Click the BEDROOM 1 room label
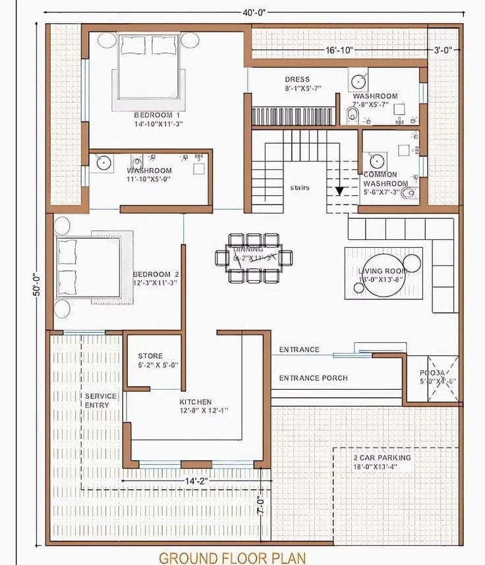click(152, 115)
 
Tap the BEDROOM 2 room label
click(156, 274)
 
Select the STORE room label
click(150, 356)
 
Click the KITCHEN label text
click(196, 401)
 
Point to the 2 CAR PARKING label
click(382, 458)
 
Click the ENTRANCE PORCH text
click(313, 378)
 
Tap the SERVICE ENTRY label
click(101, 400)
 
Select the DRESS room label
click(297, 80)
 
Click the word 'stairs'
click(300, 188)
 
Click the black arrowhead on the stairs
click(339, 191)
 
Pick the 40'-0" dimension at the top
click(253, 13)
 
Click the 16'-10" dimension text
click(339, 50)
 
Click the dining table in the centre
click(254, 257)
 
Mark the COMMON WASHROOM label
click(385, 179)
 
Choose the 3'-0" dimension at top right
click(442, 50)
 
